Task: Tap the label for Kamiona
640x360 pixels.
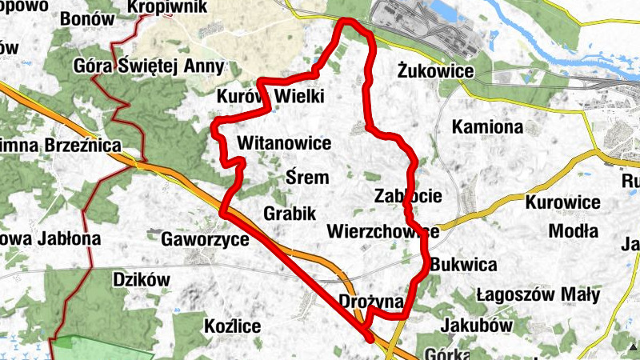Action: [x=487, y=127]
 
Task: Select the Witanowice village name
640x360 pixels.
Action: [x=284, y=144]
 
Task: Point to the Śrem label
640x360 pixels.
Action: [x=307, y=178]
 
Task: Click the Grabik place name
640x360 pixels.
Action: [x=290, y=214]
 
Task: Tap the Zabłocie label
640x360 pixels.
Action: [x=408, y=196]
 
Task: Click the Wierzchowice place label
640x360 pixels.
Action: [x=383, y=232]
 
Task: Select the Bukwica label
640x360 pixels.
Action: [x=463, y=265]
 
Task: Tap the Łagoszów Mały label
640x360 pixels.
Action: [x=538, y=295]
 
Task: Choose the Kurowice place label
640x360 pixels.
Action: [x=563, y=202]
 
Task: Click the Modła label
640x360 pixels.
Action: [x=574, y=232]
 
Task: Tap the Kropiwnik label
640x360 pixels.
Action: [x=167, y=7]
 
